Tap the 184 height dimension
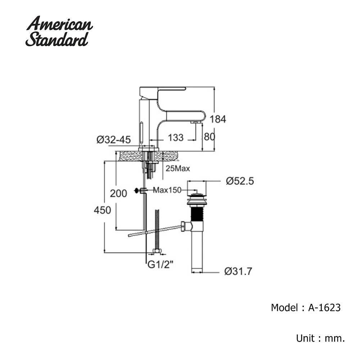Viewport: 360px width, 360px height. pyautogui.click(x=218, y=119)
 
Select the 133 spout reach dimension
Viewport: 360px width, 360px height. pyautogui.click(x=175, y=137)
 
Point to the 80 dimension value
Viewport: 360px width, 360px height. pyautogui.click(x=210, y=137)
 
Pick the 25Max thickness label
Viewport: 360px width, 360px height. pyautogui.click(x=178, y=168)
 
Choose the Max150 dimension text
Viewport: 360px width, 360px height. pyautogui.click(x=167, y=190)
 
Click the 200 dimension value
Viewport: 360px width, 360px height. pyautogui.click(x=118, y=194)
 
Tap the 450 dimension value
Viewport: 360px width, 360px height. pyautogui.click(x=102, y=210)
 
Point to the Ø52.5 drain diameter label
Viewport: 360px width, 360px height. pyautogui.click(x=240, y=181)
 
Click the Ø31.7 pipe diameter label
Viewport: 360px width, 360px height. pyautogui.click(x=238, y=271)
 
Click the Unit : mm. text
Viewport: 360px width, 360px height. pyautogui.click(x=320, y=338)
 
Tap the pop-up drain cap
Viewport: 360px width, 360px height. pyautogui.click(x=196, y=195)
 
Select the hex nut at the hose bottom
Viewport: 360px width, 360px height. pyautogui.click(x=157, y=251)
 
